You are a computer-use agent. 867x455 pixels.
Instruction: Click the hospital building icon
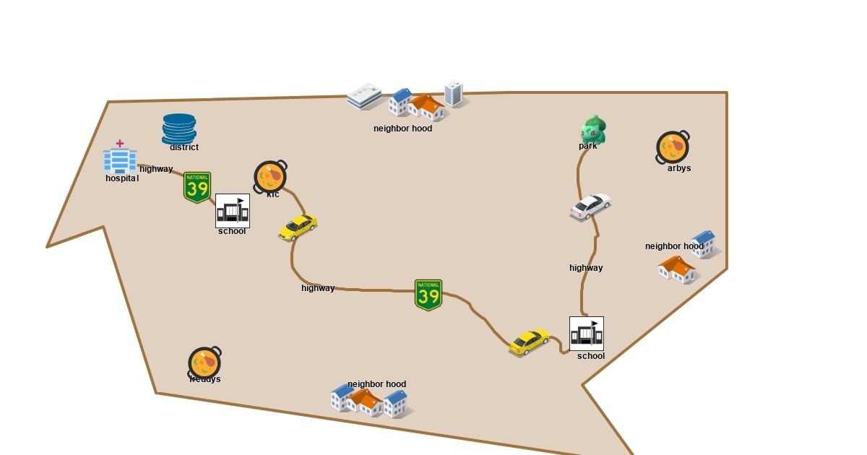(120, 157)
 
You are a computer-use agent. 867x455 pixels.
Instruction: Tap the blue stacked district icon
(179, 129)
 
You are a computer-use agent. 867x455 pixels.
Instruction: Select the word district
(184, 147)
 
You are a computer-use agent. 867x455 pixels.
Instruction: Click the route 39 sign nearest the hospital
(197, 187)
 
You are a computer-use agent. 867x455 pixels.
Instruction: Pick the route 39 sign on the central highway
(428, 295)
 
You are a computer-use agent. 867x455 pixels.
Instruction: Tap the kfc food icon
(270, 176)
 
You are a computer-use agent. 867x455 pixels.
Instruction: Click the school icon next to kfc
(233, 210)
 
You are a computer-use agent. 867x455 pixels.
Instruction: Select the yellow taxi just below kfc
(298, 227)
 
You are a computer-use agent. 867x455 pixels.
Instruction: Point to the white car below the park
(590, 207)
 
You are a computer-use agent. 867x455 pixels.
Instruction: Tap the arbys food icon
(673, 147)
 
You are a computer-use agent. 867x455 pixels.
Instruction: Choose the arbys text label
(679, 168)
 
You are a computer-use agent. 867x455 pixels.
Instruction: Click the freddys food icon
(204, 362)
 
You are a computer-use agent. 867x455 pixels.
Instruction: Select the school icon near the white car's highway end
(587, 333)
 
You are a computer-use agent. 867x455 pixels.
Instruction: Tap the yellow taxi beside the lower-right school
(530, 342)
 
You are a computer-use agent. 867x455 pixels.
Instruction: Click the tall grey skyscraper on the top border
(454, 94)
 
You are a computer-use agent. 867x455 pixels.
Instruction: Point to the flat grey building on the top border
(365, 96)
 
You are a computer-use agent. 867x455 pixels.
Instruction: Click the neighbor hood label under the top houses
(402, 129)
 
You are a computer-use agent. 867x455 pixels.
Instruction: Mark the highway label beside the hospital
(156, 169)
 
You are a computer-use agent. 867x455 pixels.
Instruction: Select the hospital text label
(122, 178)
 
